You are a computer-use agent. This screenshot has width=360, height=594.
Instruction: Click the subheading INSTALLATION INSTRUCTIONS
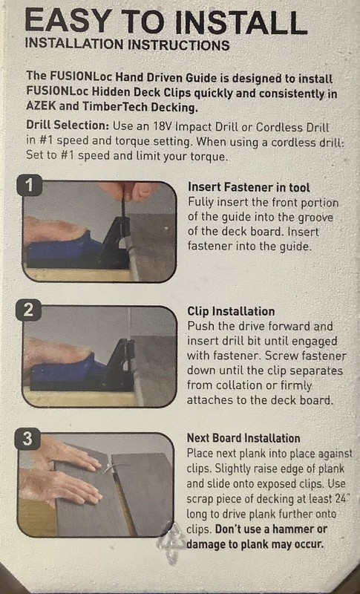point(127,44)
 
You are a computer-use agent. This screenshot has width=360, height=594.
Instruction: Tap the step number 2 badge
point(28,310)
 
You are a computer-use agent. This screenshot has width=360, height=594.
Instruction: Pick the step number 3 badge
point(27,439)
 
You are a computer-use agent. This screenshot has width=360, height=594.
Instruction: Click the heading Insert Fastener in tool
point(249,187)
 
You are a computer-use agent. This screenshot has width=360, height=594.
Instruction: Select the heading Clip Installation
point(231,311)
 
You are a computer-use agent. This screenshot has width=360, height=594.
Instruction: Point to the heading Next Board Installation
point(243,438)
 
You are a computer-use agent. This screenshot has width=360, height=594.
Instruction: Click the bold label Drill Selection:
point(68,125)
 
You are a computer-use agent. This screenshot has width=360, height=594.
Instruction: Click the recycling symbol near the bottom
point(172,542)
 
